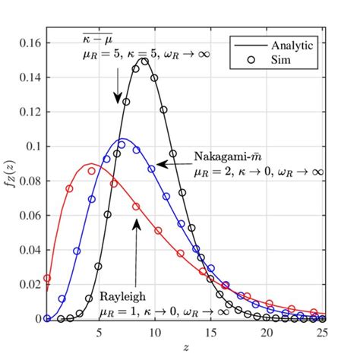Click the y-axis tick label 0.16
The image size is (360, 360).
click(x=29, y=43)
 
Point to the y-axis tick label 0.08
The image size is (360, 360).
click(x=29, y=181)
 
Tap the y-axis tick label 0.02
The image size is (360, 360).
click(x=29, y=284)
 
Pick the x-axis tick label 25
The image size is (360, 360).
click(x=322, y=332)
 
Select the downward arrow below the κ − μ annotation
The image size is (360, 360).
click(x=118, y=88)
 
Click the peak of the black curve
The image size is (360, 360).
click(x=144, y=59)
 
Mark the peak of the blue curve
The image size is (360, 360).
click(x=122, y=139)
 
